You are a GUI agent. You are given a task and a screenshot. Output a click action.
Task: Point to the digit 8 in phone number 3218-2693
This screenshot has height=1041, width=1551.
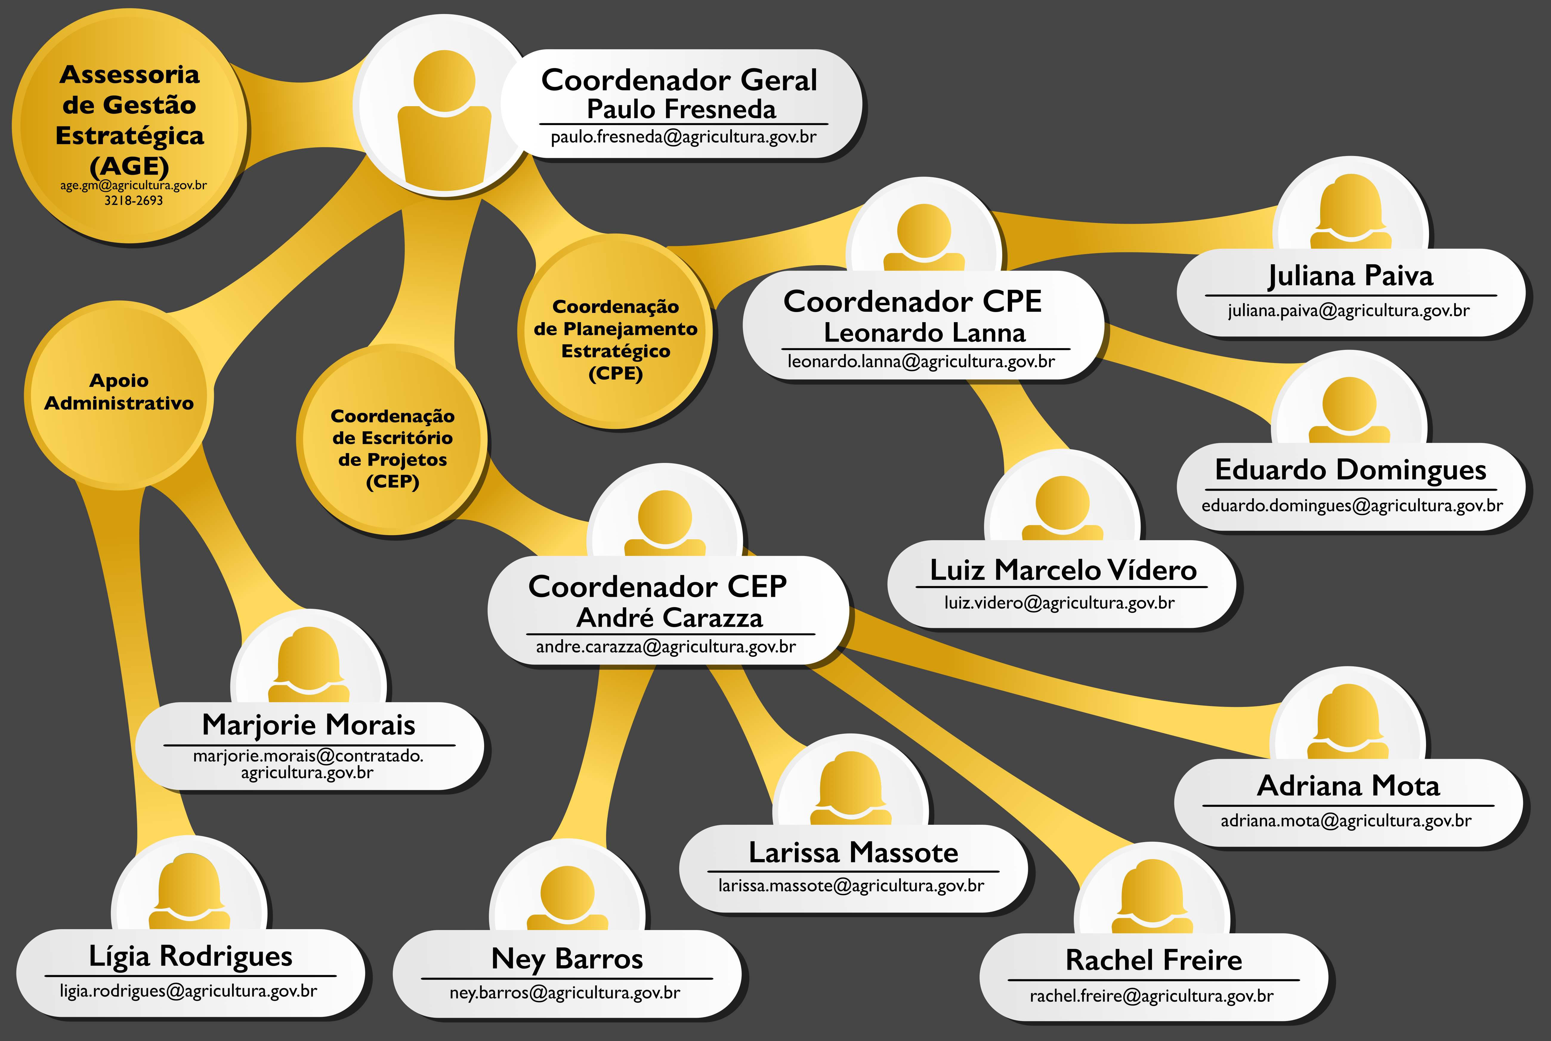click(125, 200)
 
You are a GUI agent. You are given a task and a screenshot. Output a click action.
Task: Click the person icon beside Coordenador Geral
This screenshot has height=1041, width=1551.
click(444, 118)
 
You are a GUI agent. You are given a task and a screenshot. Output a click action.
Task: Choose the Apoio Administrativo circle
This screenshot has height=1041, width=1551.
click(119, 396)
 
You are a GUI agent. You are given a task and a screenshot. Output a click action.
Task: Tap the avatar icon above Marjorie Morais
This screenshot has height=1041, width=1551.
click(309, 664)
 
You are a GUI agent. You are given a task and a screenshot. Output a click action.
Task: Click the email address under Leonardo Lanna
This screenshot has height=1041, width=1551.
click(921, 362)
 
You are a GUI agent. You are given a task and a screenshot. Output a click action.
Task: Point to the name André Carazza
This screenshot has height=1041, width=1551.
click(670, 617)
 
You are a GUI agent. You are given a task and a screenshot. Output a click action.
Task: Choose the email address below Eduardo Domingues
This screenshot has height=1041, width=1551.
click(1352, 506)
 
